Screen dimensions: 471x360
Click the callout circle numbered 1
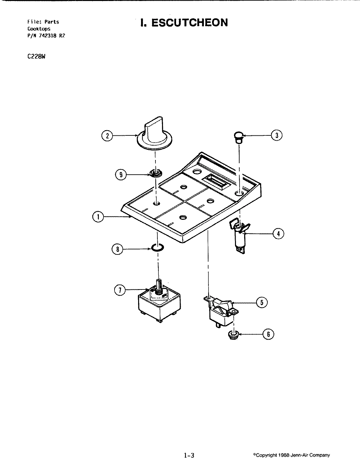coord(98,217)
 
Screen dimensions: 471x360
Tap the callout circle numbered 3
coord(277,135)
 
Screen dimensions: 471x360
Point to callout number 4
coord(279,234)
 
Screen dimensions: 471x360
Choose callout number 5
coord(262,303)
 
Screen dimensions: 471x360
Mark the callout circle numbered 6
coord(268,334)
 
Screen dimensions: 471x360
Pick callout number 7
coord(120,290)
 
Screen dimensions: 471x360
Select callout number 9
coord(121,175)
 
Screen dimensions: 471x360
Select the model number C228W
coord(36,56)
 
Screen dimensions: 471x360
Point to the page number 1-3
coord(189,455)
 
